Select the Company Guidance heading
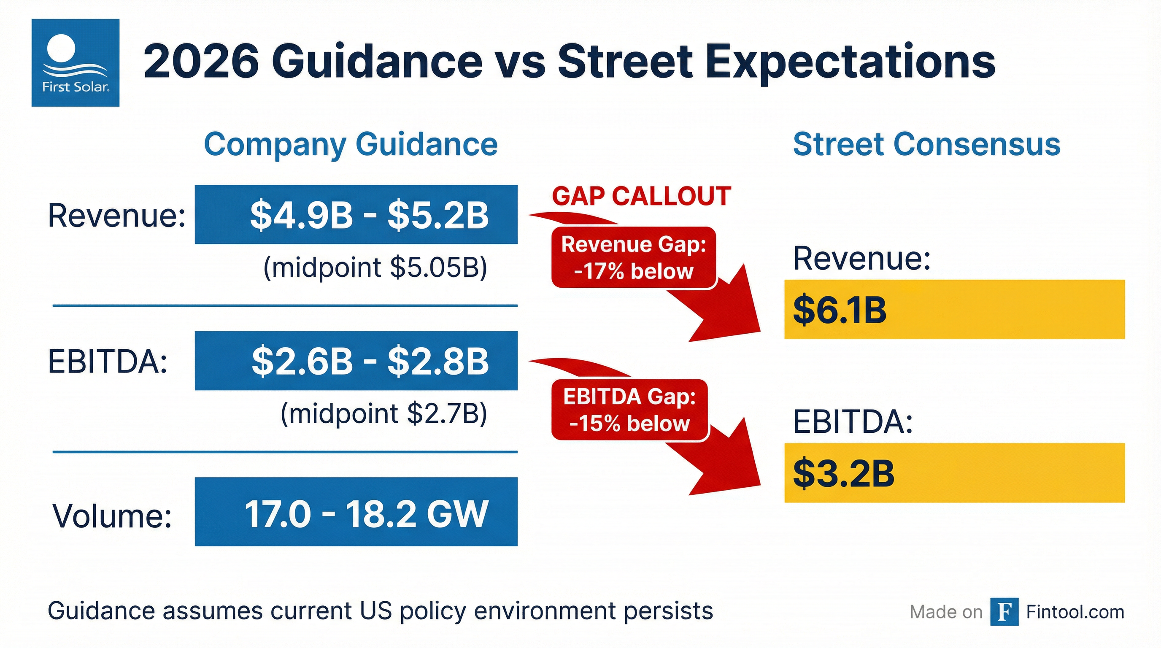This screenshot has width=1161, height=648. (351, 144)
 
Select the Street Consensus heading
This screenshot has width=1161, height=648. (926, 144)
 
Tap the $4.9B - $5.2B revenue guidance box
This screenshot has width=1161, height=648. (356, 214)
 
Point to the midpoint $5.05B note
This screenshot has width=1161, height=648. (375, 267)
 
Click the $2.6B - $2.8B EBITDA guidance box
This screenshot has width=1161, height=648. (356, 361)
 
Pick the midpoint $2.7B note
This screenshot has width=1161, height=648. (383, 414)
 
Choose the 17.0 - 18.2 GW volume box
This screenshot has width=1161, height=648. (356, 512)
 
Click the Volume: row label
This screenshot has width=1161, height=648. (112, 515)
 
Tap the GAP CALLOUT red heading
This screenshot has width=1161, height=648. (641, 197)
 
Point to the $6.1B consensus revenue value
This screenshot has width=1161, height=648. (840, 310)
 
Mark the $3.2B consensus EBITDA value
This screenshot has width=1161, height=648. (843, 473)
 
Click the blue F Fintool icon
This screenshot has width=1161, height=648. (1004, 611)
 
